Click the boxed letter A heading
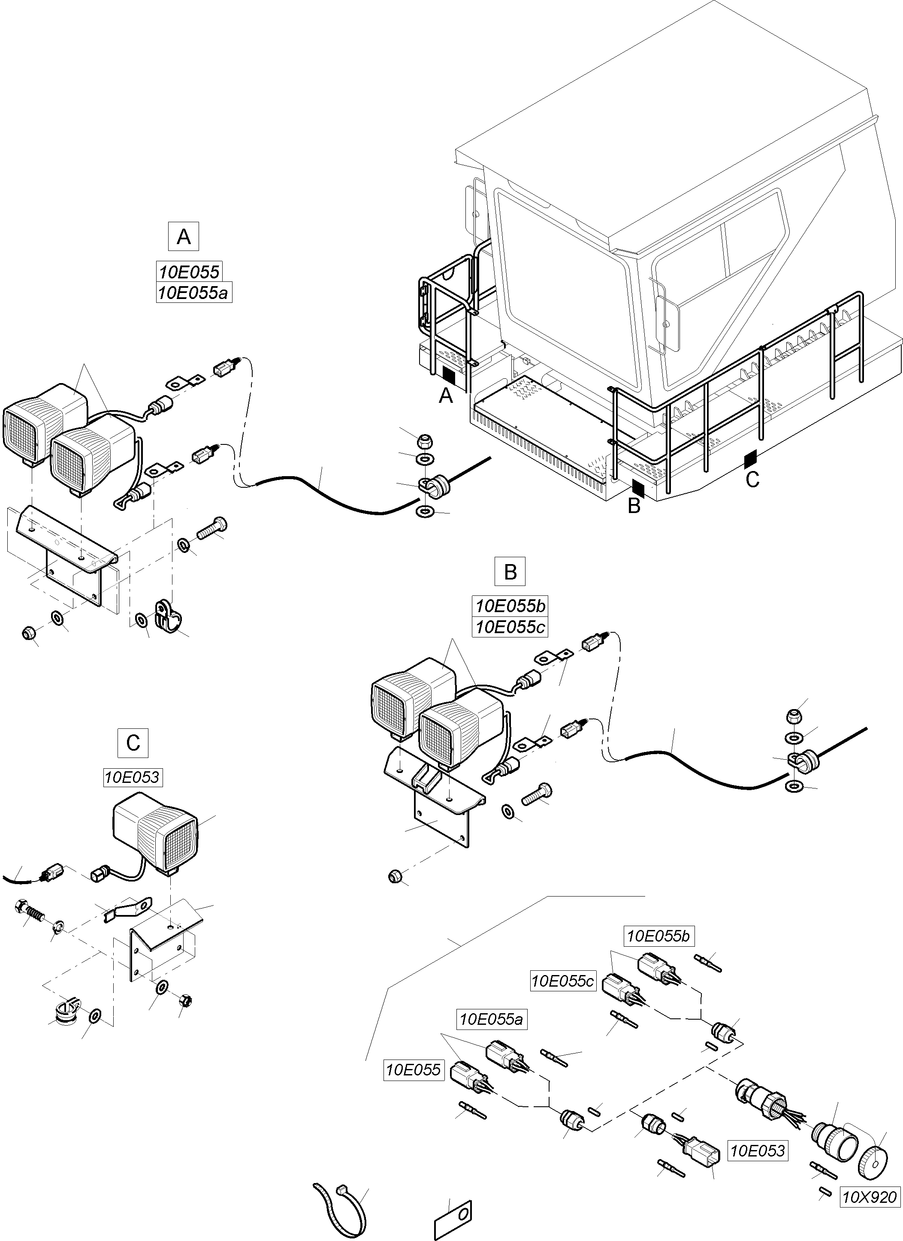183,236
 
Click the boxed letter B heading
510,572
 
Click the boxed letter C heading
133,743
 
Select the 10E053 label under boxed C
133,777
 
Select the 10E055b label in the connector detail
659,936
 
